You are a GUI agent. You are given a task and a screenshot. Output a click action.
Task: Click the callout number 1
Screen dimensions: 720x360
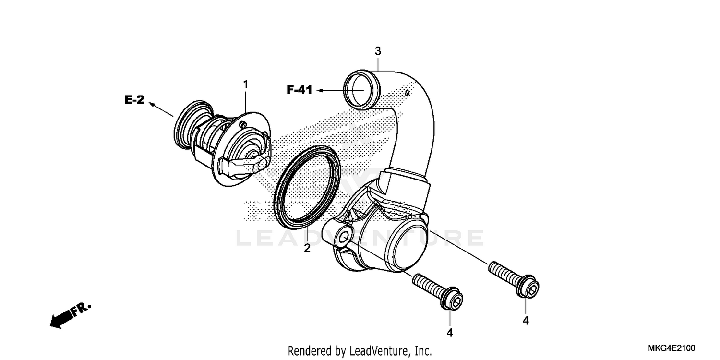245,84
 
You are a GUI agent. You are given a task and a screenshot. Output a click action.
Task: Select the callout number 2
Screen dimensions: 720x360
307,248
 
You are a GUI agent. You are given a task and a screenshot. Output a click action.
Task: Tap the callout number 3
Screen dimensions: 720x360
378,50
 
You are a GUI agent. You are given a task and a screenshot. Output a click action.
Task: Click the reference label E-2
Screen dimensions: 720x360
135,100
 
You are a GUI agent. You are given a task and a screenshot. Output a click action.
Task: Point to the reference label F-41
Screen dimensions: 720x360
300,90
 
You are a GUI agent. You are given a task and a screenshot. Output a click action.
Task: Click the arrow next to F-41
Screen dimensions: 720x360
330,90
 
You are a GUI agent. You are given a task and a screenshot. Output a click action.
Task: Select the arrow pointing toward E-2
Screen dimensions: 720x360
161,109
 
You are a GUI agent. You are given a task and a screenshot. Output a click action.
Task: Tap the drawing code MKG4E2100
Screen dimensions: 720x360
672,348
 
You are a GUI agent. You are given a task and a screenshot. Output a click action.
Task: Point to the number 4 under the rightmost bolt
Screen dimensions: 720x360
526,320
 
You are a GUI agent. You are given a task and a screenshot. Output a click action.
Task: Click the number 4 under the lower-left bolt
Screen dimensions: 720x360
450,332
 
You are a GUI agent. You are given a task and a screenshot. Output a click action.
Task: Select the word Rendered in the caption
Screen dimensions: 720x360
306,350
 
